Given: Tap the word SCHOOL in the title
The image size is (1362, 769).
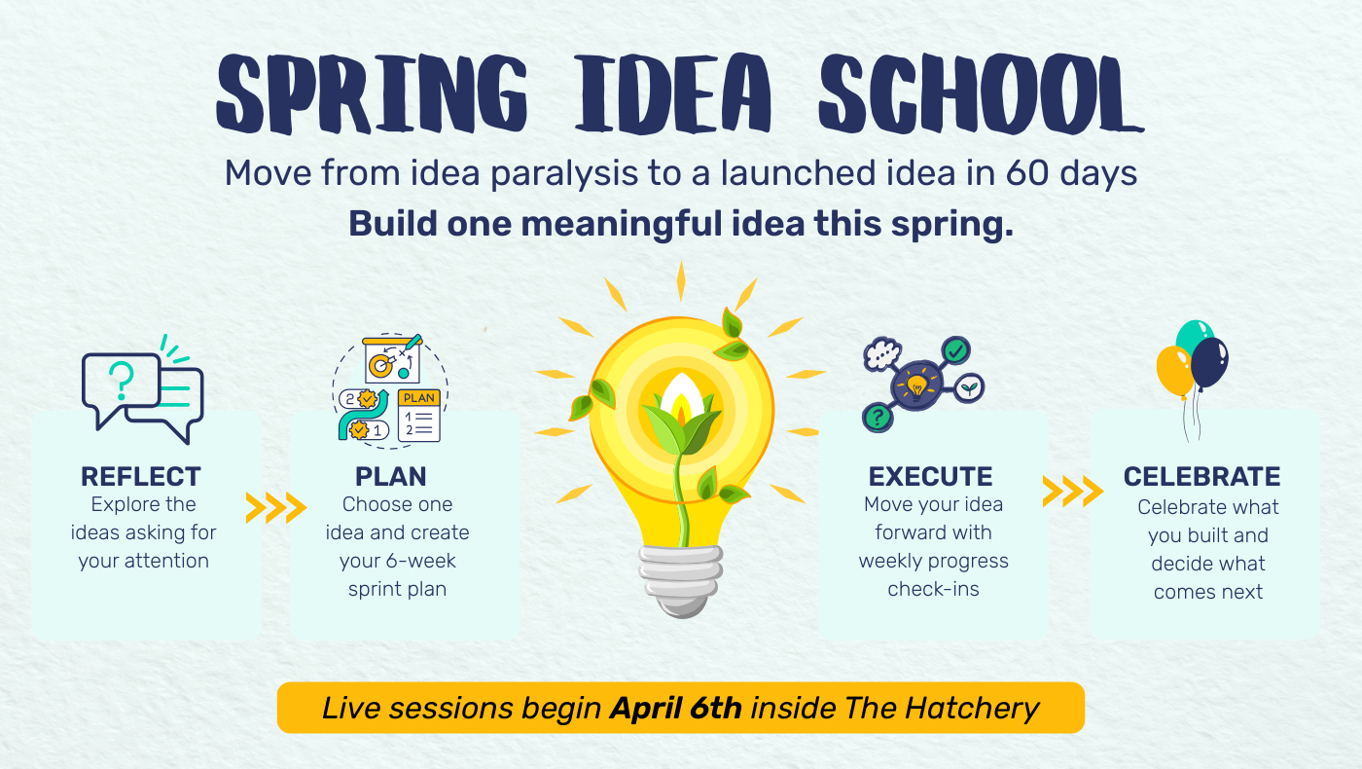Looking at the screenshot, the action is click(x=982, y=93).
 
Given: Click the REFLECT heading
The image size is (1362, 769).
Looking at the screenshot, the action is click(x=141, y=476).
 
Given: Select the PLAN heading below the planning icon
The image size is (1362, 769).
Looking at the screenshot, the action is click(x=391, y=476).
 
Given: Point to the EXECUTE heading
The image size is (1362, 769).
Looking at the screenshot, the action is click(x=930, y=476).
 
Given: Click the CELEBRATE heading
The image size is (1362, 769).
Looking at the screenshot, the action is click(x=1202, y=476).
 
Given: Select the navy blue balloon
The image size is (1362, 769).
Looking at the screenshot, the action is click(x=1209, y=363).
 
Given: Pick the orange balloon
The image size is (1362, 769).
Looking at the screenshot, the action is click(x=1175, y=372).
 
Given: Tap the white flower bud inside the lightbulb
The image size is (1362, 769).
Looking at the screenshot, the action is click(x=682, y=397).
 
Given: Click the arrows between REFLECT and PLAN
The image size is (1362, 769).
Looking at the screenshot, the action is click(x=276, y=507).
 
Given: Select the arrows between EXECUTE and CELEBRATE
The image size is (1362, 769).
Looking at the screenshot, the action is click(x=1072, y=491).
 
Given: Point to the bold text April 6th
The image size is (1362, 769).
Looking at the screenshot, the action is click(x=676, y=709).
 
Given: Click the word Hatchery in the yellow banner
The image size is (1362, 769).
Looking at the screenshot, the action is click(x=972, y=709).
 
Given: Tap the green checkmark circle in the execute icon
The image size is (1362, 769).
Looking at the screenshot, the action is click(x=955, y=350).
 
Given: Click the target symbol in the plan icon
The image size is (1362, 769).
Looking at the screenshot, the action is click(x=380, y=366).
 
